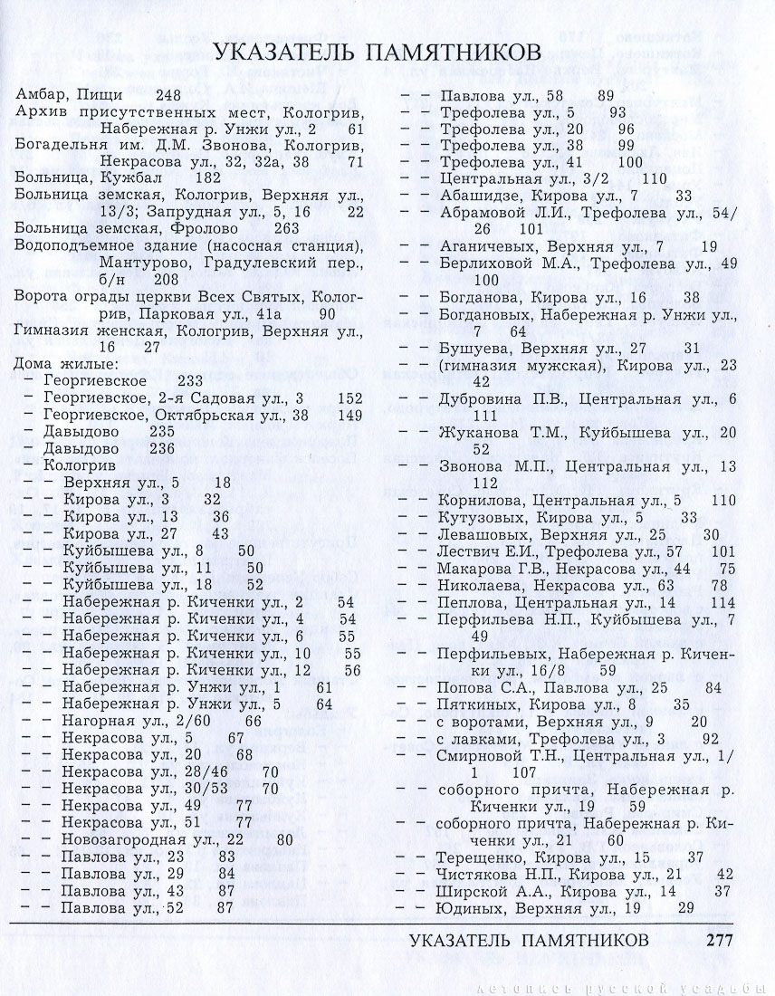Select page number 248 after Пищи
[x=168, y=94]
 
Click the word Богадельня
[x=56, y=145]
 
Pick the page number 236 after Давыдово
[x=161, y=448]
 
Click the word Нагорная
[x=97, y=720]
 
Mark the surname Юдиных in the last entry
[x=468, y=907]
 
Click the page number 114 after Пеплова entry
[x=723, y=601]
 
